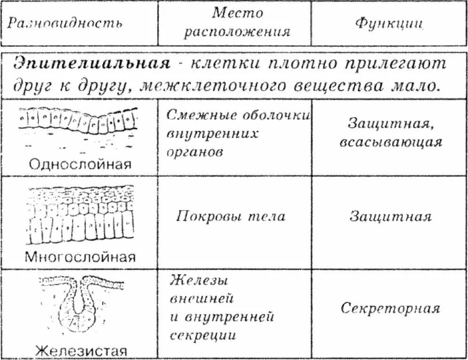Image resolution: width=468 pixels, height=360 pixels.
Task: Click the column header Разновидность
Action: tap(66, 23)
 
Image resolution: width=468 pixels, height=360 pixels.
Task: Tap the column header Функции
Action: tap(390, 23)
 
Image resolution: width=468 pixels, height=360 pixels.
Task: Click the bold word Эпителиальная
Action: tap(91, 64)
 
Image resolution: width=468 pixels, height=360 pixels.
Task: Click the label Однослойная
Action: tap(80, 164)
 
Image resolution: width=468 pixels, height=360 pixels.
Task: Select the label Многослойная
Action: tap(80, 257)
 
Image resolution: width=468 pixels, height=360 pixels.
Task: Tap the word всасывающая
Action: tap(390, 142)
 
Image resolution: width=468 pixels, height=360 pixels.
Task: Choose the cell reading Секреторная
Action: tap(390, 309)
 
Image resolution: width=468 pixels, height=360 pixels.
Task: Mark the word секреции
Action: tap(203, 336)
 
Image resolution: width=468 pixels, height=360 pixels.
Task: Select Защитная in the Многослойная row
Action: tap(390, 217)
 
